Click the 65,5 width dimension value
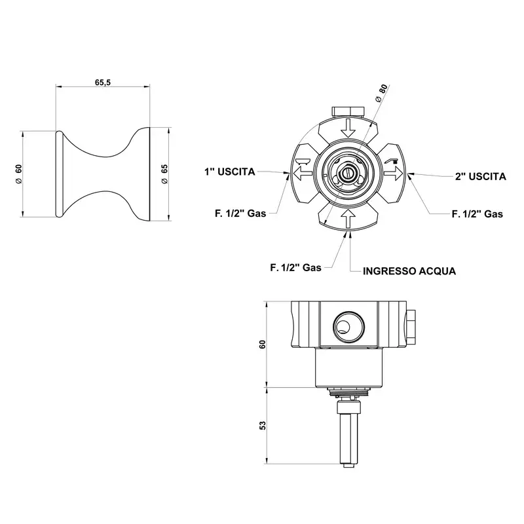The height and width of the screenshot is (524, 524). (x=103, y=83)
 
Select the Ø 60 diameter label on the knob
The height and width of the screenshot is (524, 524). (x=19, y=174)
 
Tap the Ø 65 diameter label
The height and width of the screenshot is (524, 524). (x=164, y=174)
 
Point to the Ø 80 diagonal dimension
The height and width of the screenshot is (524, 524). (x=381, y=93)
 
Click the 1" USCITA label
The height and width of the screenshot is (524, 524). (x=230, y=172)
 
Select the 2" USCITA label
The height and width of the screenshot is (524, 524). (x=481, y=176)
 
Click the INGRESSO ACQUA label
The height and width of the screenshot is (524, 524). (x=409, y=271)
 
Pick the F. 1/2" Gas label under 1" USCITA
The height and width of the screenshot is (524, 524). (x=240, y=214)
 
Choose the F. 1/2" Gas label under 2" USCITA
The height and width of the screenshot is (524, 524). (x=477, y=214)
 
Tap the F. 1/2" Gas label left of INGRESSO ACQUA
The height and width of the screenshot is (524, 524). (x=296, y=268)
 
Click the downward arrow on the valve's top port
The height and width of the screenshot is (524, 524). (x=348, y=128)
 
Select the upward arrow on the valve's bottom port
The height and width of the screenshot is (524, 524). (x=348, y=219)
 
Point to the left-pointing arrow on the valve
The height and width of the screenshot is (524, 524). (x=303, y=173)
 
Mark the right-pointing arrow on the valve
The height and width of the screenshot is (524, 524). (x=394, y=173)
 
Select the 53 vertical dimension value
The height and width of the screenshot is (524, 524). (x=263, y=425)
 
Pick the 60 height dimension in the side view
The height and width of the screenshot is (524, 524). (x=263, y=345)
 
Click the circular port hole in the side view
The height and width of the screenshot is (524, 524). (x=348, y=326)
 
